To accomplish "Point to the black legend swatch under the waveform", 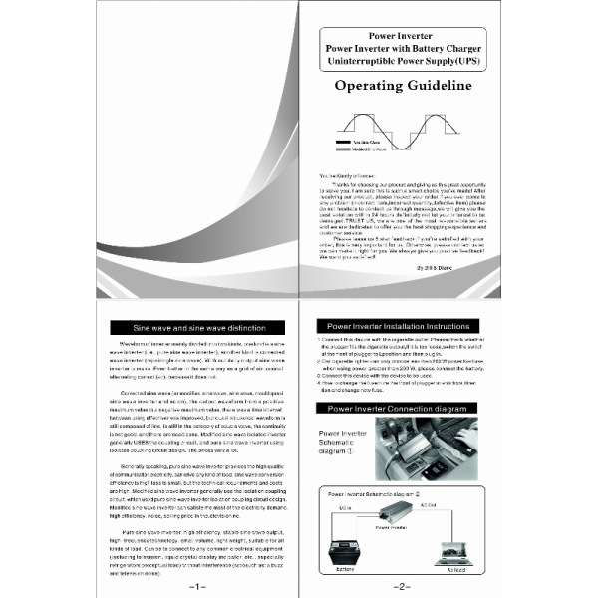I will pyautogui.click(x=339, y=144).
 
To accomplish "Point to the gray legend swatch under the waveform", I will pyautogui.click(x=339, y=150).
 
